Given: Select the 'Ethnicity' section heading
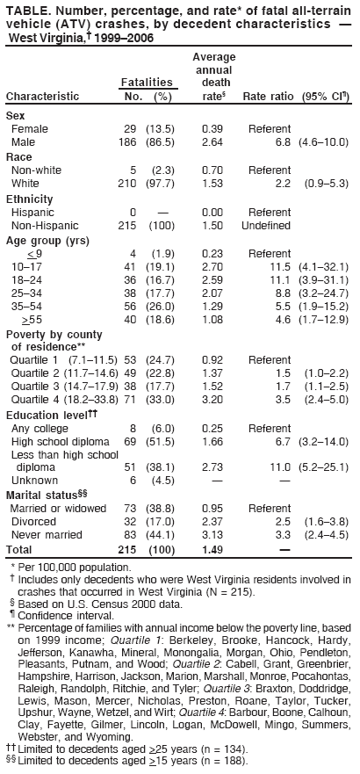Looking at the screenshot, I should pyautogui.click(x=29, y=199).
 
